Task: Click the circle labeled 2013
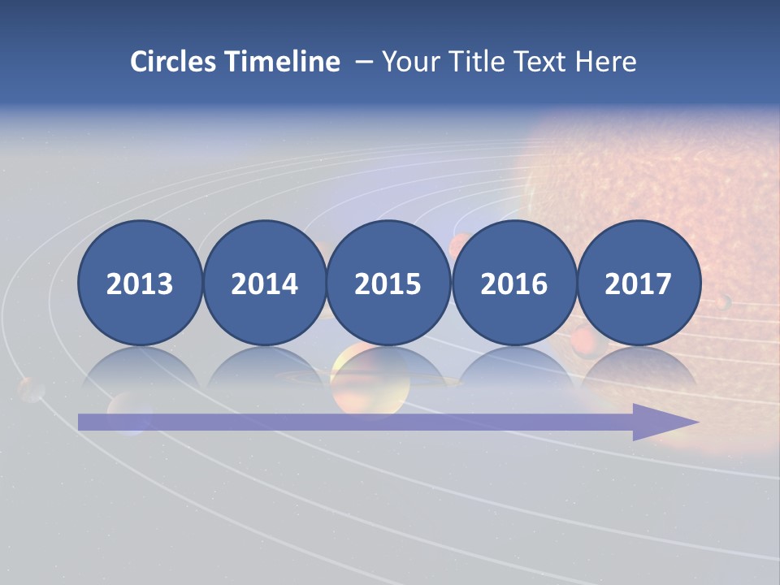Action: click(x=140, y=283)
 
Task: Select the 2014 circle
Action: click(x=264, y=283)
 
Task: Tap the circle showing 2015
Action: click(x=388, y=283)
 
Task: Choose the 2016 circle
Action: click(x=513, y=283)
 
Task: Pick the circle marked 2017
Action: click(x=639, y=283)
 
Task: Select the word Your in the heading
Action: click(x=409, y=62)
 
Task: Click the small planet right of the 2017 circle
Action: click(x=722, y=302)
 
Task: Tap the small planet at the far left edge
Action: click(x=31, y=389)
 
